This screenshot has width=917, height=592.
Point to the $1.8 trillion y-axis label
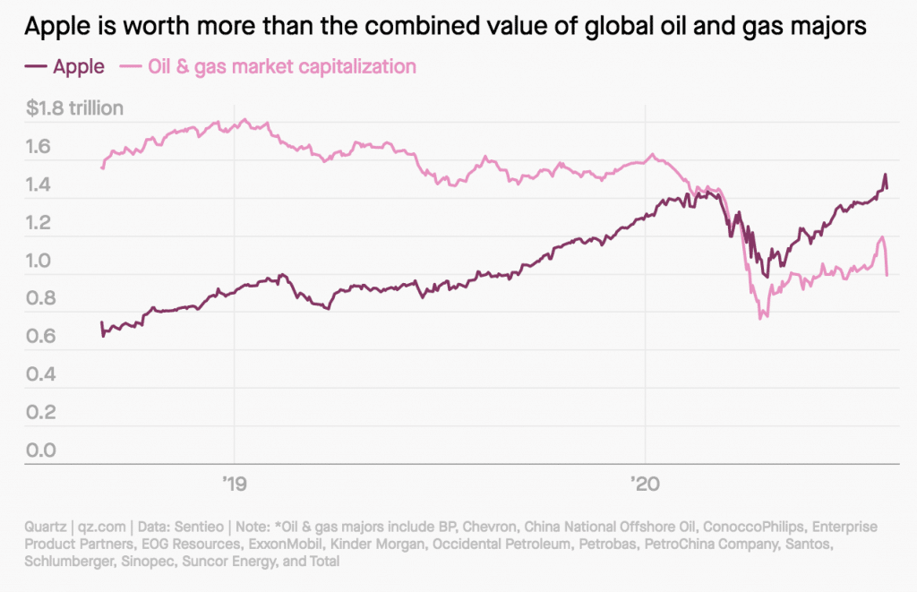point(74,109)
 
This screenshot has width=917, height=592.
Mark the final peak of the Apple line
point(885,175)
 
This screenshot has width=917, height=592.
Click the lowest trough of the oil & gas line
point(761,318)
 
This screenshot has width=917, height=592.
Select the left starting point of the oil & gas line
point(102,167)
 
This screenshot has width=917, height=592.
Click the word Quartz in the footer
point(47,527)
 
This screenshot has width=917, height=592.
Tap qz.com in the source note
point(102,527)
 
